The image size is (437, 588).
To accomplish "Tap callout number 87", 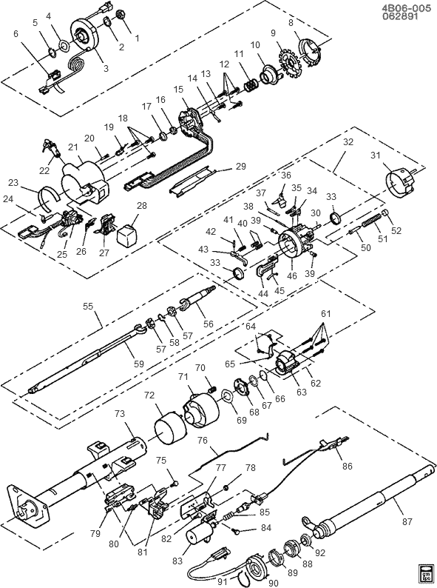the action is click(407, 521).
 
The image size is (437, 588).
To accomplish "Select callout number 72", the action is click(149, 395).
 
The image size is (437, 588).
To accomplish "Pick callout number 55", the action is click(88, 306).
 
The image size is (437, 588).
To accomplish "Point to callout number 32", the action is click(348, 141).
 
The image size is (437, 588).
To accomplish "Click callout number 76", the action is click(202, 440).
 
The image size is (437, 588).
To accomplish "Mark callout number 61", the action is click(326, 313).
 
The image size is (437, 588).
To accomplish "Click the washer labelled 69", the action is click(227, 397).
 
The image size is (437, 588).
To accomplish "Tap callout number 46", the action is click(292, 275).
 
